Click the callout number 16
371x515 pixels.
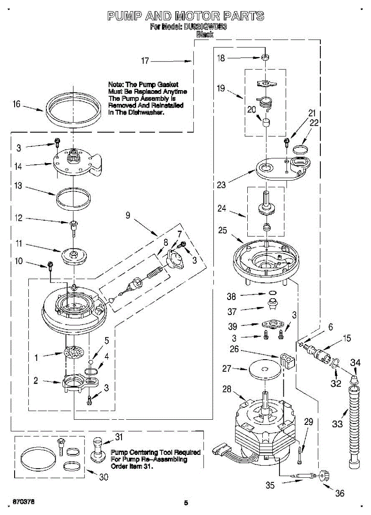pos(16,104)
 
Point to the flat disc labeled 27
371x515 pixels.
pos(262,369)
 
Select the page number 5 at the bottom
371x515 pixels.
pos(185,503)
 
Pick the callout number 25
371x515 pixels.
pos(222,230)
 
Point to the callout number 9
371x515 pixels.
pos(128,216)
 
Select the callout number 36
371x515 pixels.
pos(339,493)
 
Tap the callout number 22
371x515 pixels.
pos(314,123)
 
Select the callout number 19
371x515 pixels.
pos(221,88)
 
